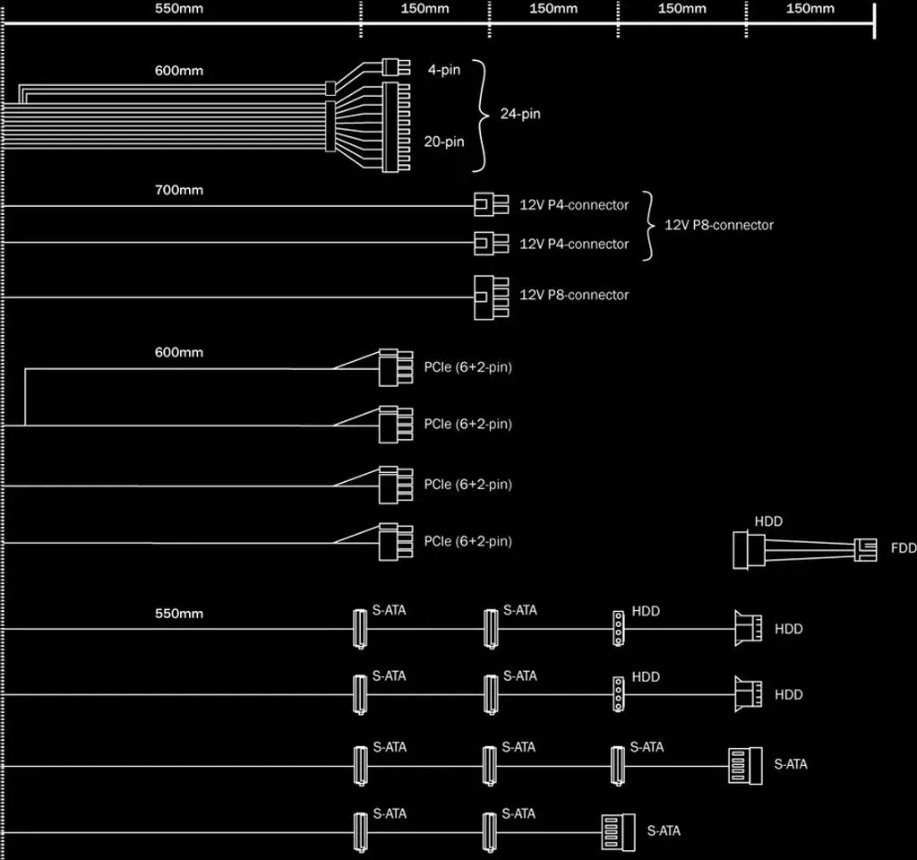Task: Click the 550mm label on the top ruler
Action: point(179,9)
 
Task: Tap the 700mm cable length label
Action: point(179,190)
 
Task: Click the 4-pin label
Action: point(444,70)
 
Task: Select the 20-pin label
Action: point(444,142)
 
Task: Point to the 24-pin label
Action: point(520,114)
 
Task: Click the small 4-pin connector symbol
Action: point(396,67)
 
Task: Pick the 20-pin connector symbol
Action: point(396,127)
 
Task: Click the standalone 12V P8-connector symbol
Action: point(492,297)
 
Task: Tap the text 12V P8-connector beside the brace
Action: point(719,225)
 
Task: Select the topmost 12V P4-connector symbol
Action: point(492,205)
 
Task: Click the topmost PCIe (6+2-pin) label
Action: point(467,367)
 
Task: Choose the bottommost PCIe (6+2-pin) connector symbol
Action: point(396,542)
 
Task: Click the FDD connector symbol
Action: point(866,550)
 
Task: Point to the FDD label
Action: point(904,548)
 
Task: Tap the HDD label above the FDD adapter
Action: point(768,521)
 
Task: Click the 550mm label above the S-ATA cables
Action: point(179,614)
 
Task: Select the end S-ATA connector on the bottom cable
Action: point(618,832)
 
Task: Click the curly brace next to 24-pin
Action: point(481,116)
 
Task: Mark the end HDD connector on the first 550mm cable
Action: point(748,629)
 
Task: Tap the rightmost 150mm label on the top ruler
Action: point(810,9)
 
